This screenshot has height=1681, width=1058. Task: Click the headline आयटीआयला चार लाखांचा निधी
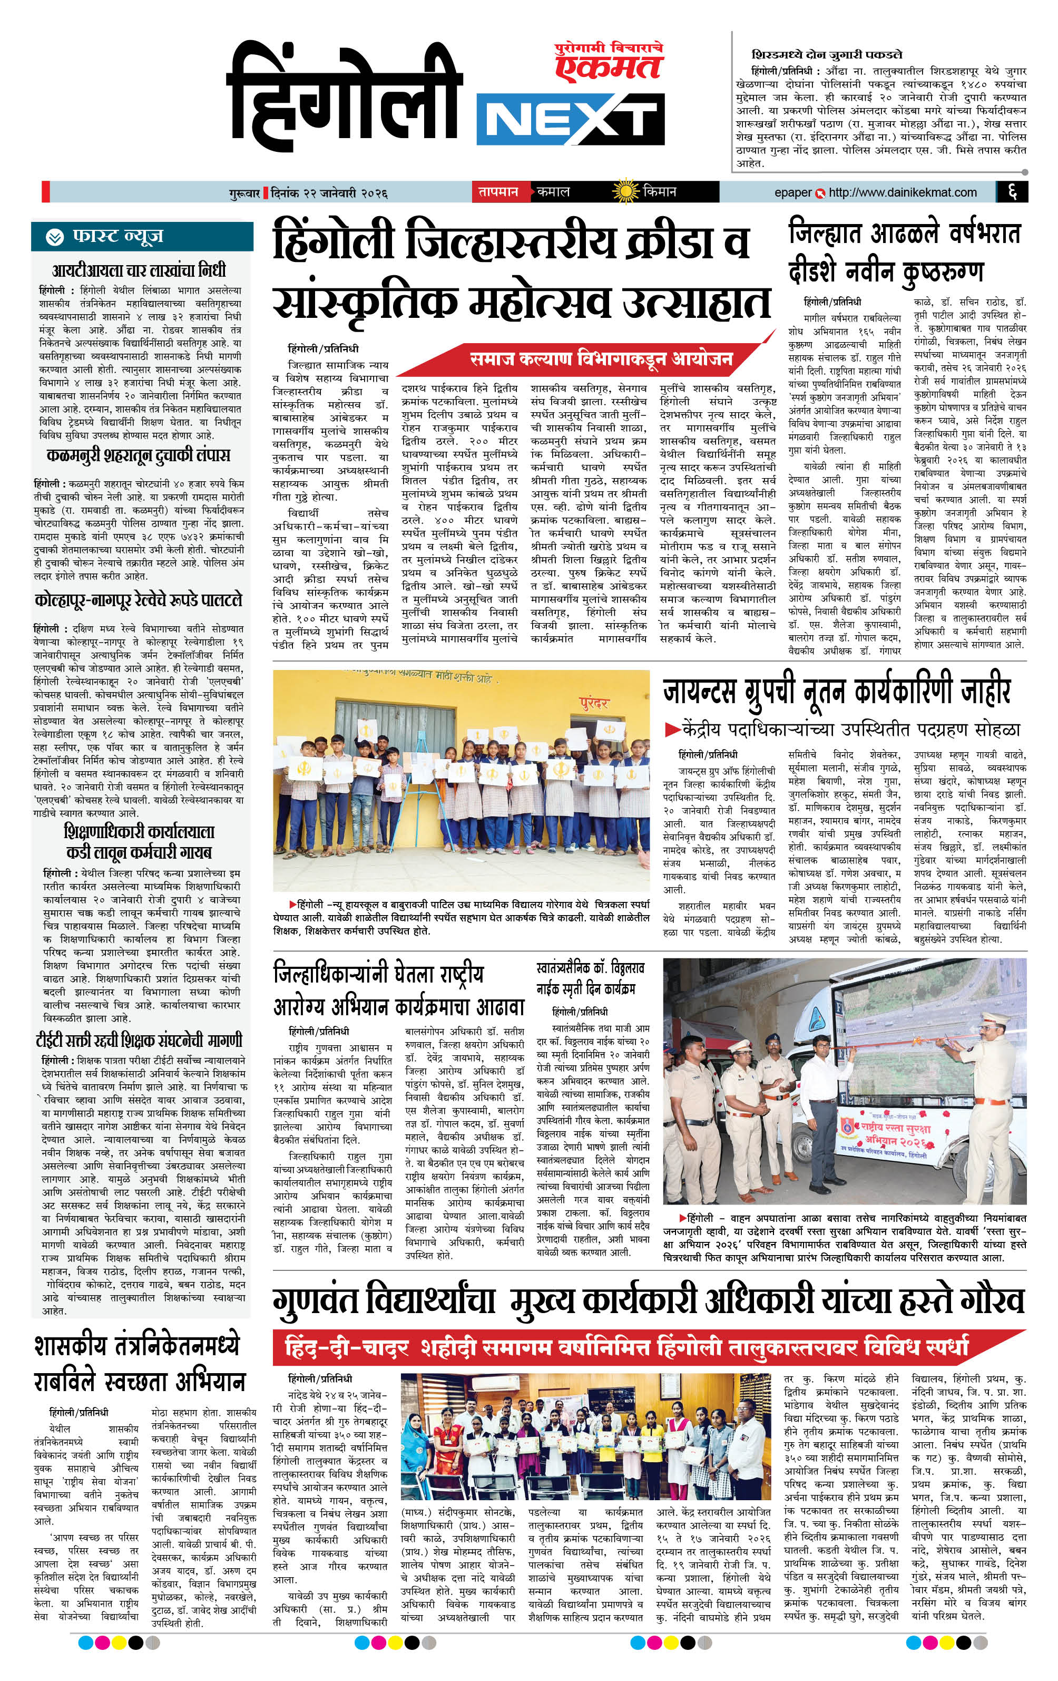click(x=140, y=270)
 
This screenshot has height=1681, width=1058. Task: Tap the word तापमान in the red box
click(x=497, y=191)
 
